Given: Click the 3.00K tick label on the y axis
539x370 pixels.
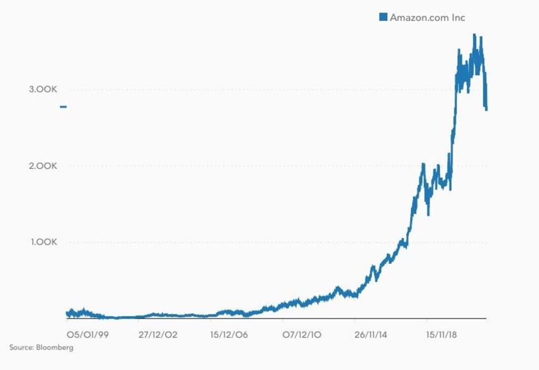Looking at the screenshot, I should pos(43,90).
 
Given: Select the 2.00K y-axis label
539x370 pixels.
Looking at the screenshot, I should pos(43,166).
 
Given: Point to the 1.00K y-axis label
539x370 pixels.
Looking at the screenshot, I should pos(44,242).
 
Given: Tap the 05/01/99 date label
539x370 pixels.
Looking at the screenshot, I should pos(88,335).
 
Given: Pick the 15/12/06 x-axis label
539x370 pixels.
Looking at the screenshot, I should pos(229,335).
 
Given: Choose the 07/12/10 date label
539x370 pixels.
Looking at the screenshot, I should pos(301,335).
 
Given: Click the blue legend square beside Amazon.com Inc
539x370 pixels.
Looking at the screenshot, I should pos(383,17).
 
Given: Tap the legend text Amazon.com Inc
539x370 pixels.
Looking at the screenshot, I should pos(427,18).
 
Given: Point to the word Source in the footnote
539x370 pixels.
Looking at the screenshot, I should pos(21,348).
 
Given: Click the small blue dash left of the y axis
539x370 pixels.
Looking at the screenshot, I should pos(63,106).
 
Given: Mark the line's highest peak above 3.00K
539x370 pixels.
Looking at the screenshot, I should pos(474,35).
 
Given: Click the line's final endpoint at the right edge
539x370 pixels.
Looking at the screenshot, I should pos(487,109).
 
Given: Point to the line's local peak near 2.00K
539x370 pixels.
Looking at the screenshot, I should pos(423,164).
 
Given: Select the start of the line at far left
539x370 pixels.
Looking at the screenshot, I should pos(67,313).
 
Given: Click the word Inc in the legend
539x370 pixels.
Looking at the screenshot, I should pos(458,18).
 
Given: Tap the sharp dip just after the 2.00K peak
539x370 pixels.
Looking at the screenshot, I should pos(429,213).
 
